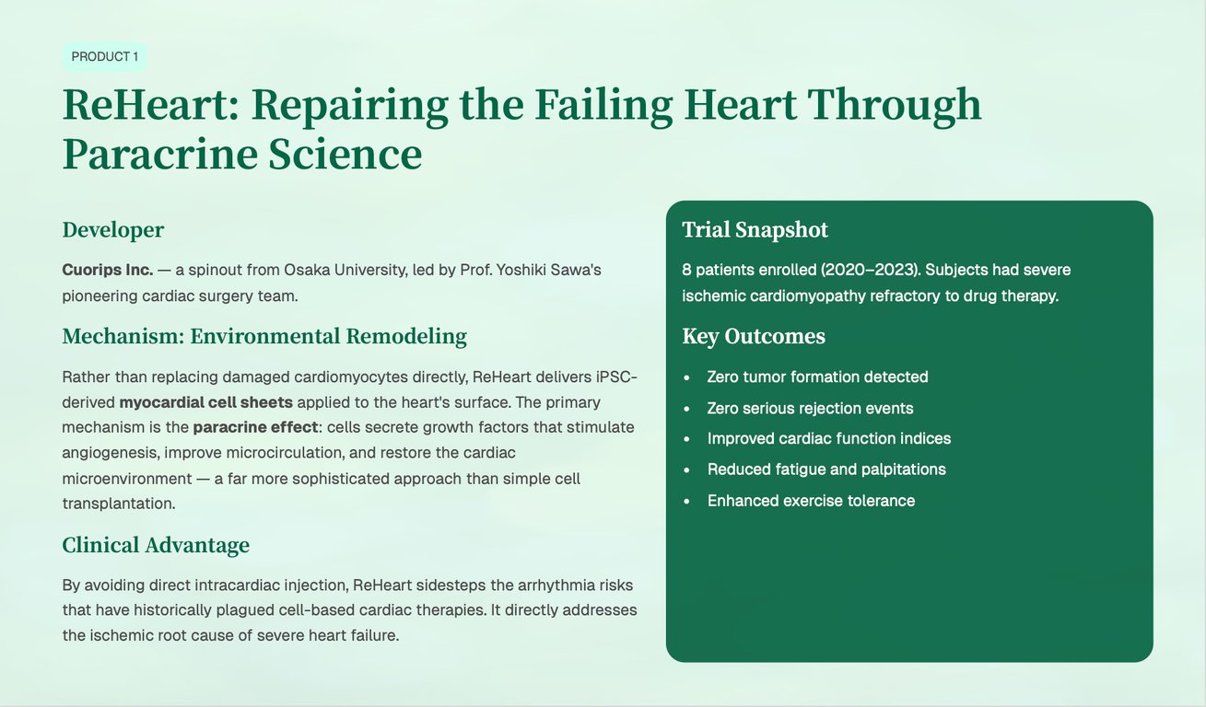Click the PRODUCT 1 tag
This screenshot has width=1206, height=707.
[x=104, y=57]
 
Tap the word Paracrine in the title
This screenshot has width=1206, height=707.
[x=158, y=154]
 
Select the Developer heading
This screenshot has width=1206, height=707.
[x=112, y=230]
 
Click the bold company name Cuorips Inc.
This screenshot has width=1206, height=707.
[x=107, y=270]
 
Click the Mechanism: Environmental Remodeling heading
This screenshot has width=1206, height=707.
[x=263, y=336]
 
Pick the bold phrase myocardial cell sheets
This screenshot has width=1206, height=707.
[x=205, y=402]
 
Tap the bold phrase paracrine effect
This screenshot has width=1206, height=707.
[x=254, y=427]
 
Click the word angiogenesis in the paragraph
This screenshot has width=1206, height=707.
[x=110, y=453]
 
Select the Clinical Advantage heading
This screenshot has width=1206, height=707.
[x=155, y=545]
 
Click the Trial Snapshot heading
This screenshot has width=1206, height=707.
[x=755, y=230]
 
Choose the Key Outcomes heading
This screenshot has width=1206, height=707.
[x=753, y=336]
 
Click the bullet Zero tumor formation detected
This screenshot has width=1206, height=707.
[x=817, y=377]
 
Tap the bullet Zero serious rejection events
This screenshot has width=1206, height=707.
[x=810, y=408]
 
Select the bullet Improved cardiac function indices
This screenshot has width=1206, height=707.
[x=828, y=438]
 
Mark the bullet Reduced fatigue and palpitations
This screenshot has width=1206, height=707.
[x=825, y=469]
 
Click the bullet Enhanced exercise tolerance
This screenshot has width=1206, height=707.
[x=811, y=501]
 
